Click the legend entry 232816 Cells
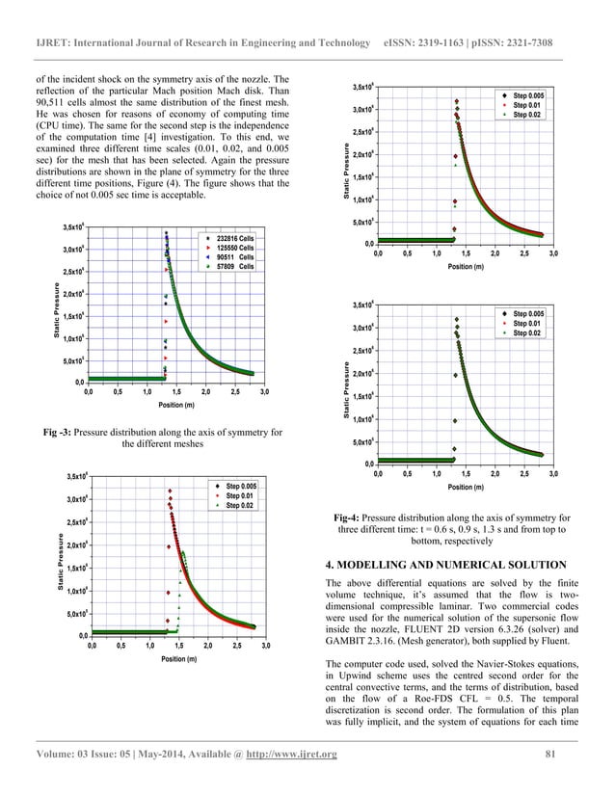click(x=234, y=237)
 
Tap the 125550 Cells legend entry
click(x=234, y=247)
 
